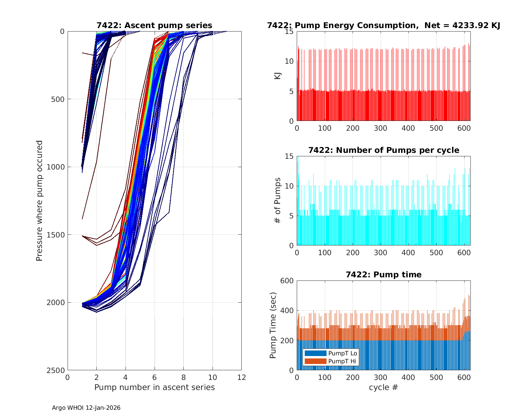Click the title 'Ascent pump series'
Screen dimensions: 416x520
(x=154, y=25)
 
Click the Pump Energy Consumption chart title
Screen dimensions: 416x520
(x=383, y=25)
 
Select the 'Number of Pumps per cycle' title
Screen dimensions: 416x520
(x=383, y=150)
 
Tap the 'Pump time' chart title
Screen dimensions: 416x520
(x=383, y=275)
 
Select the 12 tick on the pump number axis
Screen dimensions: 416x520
(x=241, y=377)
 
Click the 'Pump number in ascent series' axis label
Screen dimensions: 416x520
(x=154, y=387)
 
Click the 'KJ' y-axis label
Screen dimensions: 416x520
(x=277, y=76)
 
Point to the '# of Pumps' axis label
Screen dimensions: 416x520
(x=277, y=200)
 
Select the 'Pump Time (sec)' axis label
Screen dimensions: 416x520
(x=273, y=325)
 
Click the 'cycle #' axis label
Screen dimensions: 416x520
(x=383, y=387)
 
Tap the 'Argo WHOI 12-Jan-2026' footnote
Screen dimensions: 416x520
(x=86, y=408)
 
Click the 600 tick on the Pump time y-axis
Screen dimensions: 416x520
(x=287, y=281)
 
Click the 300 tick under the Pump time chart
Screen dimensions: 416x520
(x=381, y=377)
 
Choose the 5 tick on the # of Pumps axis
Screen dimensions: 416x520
(x=292, y=216)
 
